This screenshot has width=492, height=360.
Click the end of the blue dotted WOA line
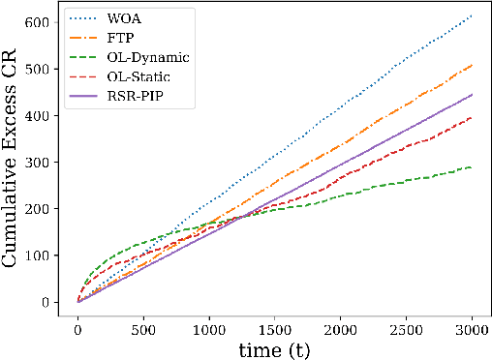[472, 15]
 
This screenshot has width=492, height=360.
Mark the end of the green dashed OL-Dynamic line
[472, 167]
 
